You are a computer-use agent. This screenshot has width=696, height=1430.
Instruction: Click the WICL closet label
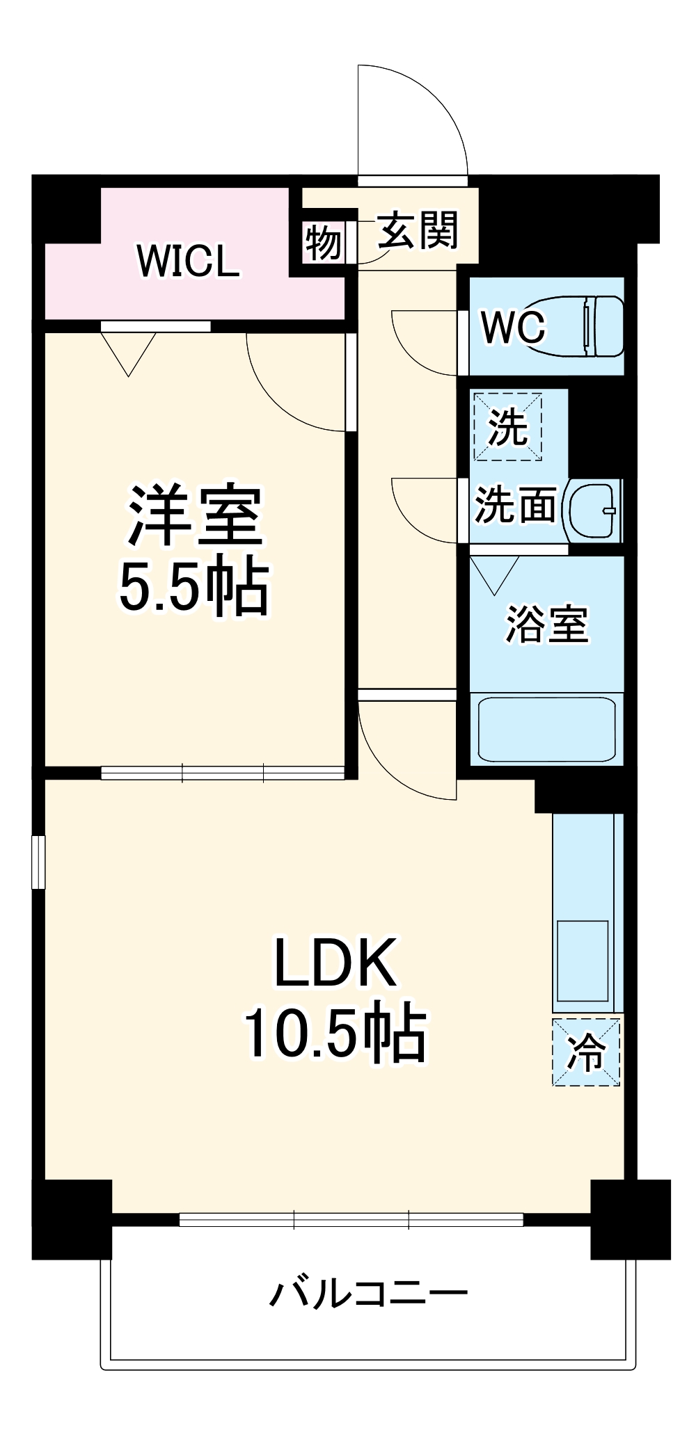pyautogui.click(x=189, y=261)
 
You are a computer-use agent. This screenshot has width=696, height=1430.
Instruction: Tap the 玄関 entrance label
pyautogui.click(x=418, y=231)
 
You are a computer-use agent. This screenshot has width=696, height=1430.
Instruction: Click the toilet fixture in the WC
pyautogui.click(x=585, y=326)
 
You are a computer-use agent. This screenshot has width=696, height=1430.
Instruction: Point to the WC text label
pyautogui.click(x=514, y=326)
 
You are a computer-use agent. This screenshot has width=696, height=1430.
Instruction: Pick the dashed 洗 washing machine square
pyautogui.click(x=507, y=426)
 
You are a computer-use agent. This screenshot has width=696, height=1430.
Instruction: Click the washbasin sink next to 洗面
pyautogui.click(x=592, y=511)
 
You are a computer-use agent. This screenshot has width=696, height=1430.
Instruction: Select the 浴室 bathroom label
pyautogui.click(x=546, y=623)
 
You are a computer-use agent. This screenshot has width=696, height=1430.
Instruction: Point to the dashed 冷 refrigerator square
pyautogui.click(x=586, y=1052)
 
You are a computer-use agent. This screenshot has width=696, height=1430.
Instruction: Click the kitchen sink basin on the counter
pyautogui.click(x=583, y=961)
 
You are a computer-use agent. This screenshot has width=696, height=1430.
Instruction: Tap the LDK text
pyautogui.click(x=336, y=963)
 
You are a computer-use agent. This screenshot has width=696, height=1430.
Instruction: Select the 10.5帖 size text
pyautogui.click(x=335, y=1032)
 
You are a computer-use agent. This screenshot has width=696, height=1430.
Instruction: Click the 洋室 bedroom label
pyautogui.click(x=194, y=515)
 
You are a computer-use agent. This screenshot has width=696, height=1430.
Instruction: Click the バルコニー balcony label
pyautogui.click(x=369, y=1294)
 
